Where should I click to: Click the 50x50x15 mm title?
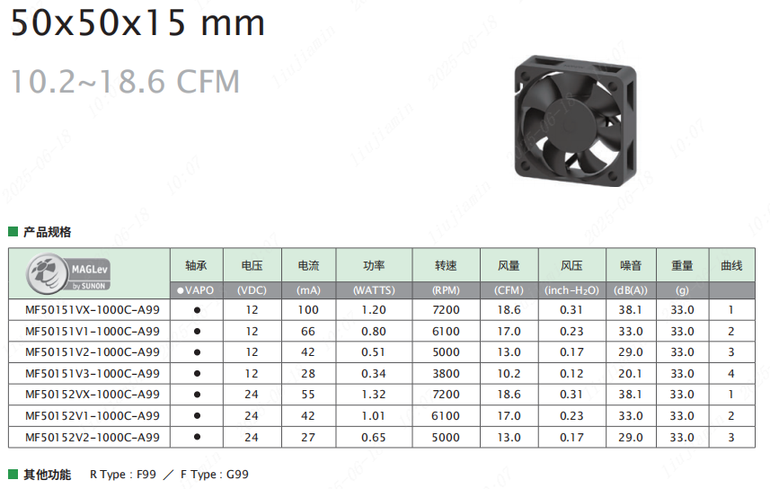pyautogui.click(x=137, y=23)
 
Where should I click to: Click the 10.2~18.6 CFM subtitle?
pyautogui.click(x=125, y=81)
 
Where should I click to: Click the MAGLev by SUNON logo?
pyautogui.click(x=68, y=273)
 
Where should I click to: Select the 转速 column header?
pyautogui.click(x=446, y=266)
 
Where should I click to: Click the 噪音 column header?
pyautogui.click(x=631, y=266)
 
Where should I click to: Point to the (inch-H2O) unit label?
pyautogui.click(x=571, y=290)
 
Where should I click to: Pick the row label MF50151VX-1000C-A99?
pyautogui.click(x=93, y=310)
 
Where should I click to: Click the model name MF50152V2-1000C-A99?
pyautogui.click(x=93, y=438)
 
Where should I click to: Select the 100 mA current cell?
pyautogui.click(x=308, y=310)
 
